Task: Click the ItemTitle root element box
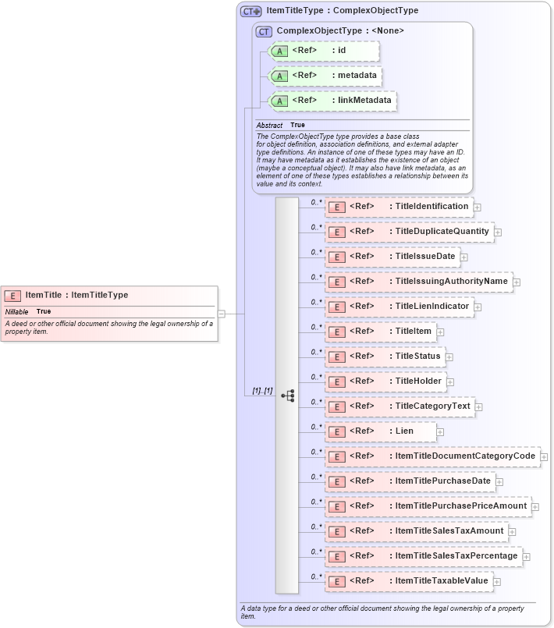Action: tap(109, 296)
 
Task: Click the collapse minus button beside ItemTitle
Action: tap(222, 314)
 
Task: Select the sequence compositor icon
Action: tap(287, 396)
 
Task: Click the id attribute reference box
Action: tap(324, 51)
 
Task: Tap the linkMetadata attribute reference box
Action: tap(332, 101)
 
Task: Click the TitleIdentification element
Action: tap(399, 207)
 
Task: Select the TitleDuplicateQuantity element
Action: tap(409, 232)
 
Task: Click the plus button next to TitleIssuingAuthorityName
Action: tap(517, 282)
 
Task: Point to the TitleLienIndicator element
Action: tap(399, 307)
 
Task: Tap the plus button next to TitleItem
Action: tap(440, 332)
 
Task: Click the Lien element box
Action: tap(380, 431)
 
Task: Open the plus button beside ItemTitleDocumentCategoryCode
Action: tap(544, 457)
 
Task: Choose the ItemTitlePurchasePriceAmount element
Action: tap(428, 506)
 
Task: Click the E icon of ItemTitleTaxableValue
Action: tap(336, 582)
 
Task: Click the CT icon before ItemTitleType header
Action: tap(250, 11)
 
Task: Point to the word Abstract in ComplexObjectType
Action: tap(269, 125)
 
